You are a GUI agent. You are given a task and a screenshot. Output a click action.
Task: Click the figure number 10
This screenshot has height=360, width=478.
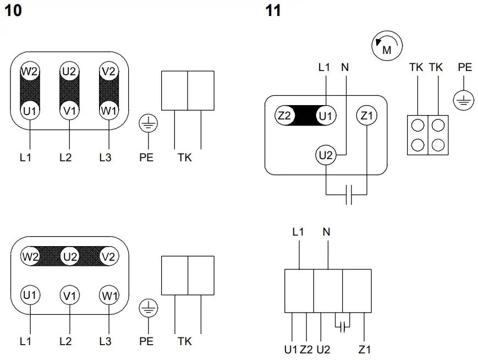click(14, 10)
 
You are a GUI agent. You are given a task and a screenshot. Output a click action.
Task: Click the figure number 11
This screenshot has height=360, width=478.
click(273, 10)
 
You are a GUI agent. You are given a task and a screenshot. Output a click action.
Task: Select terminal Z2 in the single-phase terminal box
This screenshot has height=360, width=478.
click(284, 116)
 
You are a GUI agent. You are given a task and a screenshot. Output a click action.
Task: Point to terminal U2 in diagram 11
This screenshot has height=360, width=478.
click(327, 155)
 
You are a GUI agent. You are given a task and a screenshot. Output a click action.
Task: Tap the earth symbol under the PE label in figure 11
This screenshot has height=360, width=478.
click(464, 100)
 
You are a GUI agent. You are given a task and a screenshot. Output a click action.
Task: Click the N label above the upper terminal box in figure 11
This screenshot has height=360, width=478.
click(345, 68)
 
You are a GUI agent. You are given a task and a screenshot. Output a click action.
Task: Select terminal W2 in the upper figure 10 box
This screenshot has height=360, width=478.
click(30, 71)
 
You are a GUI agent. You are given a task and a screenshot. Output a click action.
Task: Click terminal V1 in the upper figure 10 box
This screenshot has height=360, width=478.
click(69, 110)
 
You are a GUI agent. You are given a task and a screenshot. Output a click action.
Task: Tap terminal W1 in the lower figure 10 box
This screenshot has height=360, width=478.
click(109, 295)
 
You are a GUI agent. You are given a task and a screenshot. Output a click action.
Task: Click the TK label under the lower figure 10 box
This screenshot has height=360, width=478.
click(185, 341)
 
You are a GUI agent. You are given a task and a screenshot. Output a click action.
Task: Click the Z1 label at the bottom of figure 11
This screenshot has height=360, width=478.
click(365, 349)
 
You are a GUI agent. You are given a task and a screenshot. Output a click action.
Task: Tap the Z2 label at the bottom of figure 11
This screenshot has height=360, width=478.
click(306, 349)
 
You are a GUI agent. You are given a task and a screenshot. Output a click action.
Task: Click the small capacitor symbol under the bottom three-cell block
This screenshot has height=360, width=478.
click(342, 326)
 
